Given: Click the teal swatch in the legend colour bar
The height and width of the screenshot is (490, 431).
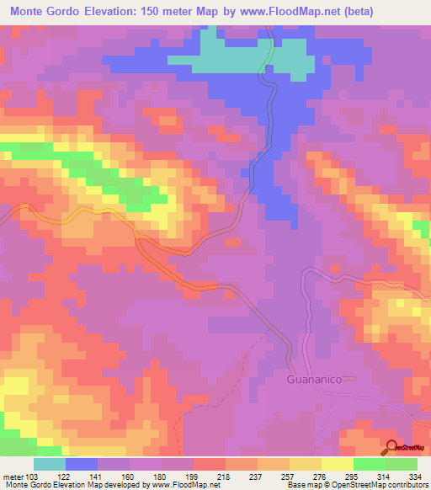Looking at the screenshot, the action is (x=50, y=464).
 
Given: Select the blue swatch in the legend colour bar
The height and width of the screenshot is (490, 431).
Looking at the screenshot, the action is (x=82, y=464).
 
